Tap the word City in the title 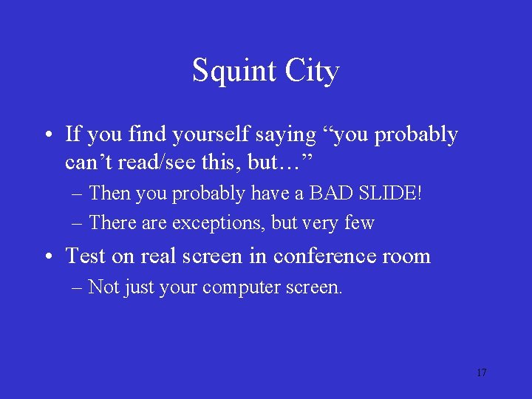pyautogui.click(x=311, y=72)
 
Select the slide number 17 pyautogui.click(x=481, y=372)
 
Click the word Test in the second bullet pyautogui.click(x=86, y=256)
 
